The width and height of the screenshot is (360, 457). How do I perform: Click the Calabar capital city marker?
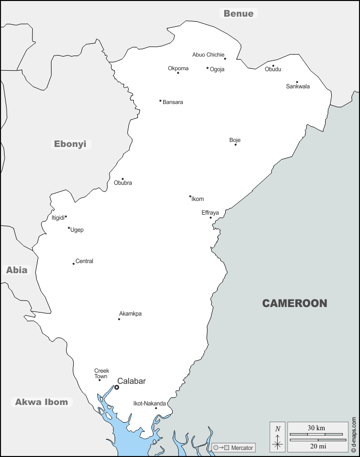[x=117, y=387]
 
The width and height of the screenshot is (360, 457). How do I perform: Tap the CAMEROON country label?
[x=294, y=303]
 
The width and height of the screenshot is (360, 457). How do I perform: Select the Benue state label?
[x=238, y=14]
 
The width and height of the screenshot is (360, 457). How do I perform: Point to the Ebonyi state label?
[x=70, y=144]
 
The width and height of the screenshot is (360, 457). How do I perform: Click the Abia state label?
[x=17, y=270]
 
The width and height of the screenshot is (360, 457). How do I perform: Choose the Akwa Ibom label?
[x=41, y=402]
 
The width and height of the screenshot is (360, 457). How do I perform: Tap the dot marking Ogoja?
[x=208, y=68]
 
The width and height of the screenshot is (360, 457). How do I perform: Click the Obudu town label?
[x=273, y=69]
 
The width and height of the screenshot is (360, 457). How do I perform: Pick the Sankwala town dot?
[x=297, y=82]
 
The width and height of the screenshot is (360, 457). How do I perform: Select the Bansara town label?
[x=173, y=102]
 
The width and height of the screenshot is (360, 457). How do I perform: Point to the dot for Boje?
[x=235, y=145]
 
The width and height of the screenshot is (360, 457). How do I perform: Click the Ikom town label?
[x=197, y=199]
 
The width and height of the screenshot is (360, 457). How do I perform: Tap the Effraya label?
[x=210, y=213]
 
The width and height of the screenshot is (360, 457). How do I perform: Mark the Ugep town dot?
[x=69, y=228]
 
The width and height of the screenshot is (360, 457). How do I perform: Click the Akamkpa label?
[x=130, y=314]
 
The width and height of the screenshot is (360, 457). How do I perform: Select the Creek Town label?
[x=101, y=374]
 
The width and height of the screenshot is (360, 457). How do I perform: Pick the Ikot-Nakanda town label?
[x=149, y=403]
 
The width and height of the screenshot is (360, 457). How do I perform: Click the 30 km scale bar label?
[x=317, y=428]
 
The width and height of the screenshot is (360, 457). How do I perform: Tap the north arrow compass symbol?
[x=277, y=437]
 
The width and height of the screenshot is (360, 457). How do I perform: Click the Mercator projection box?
[x=233, y=447]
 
